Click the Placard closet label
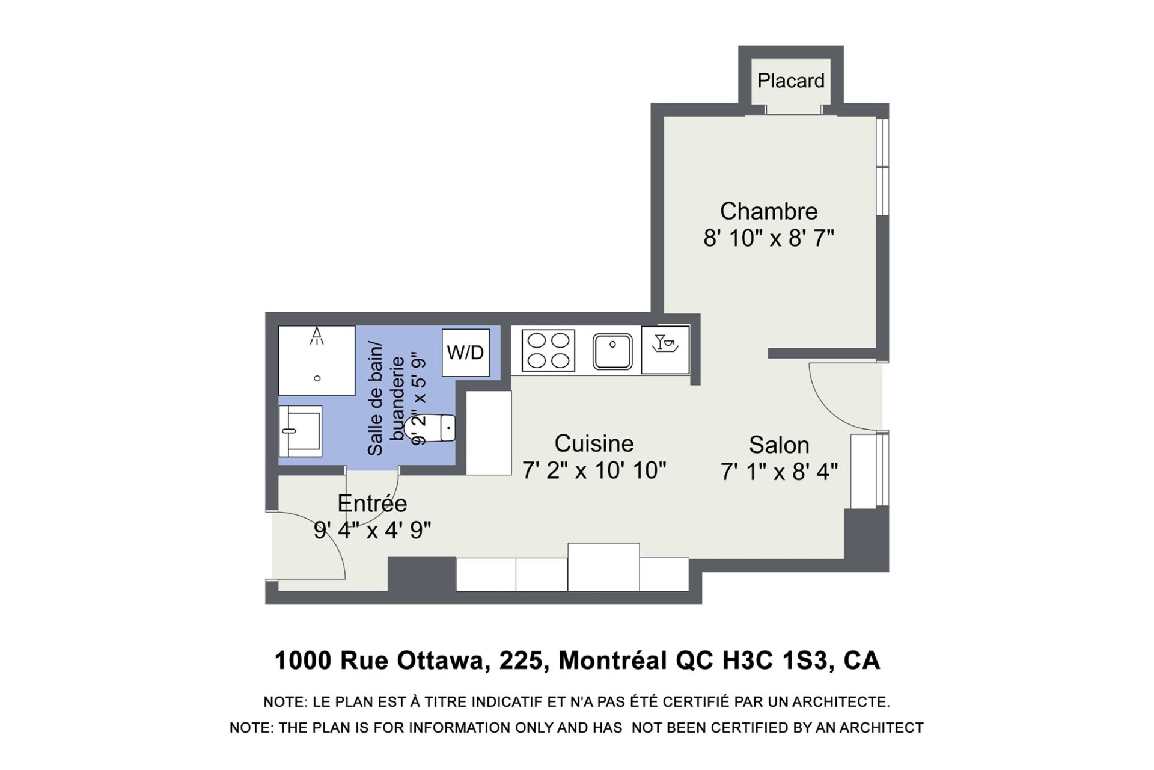pos(790,81)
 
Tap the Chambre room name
pos(769,211)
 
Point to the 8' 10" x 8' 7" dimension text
pos(769,238)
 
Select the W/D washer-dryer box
pos(466,353)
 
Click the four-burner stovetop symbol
pos(548,351)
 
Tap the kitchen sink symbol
pos(612,351)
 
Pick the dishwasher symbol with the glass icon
pos(665,350)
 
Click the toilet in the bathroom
pos(430,428)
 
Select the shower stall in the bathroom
pos(317,360)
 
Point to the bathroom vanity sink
pos(301,431)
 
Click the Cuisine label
pos(594,443)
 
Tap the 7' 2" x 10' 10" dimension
pos(594,470)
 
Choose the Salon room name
pos(779,445)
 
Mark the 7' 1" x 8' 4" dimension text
pos(779,472)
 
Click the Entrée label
pos(372,503)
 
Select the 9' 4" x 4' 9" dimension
pos(372,530)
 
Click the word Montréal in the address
pos(613,661)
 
